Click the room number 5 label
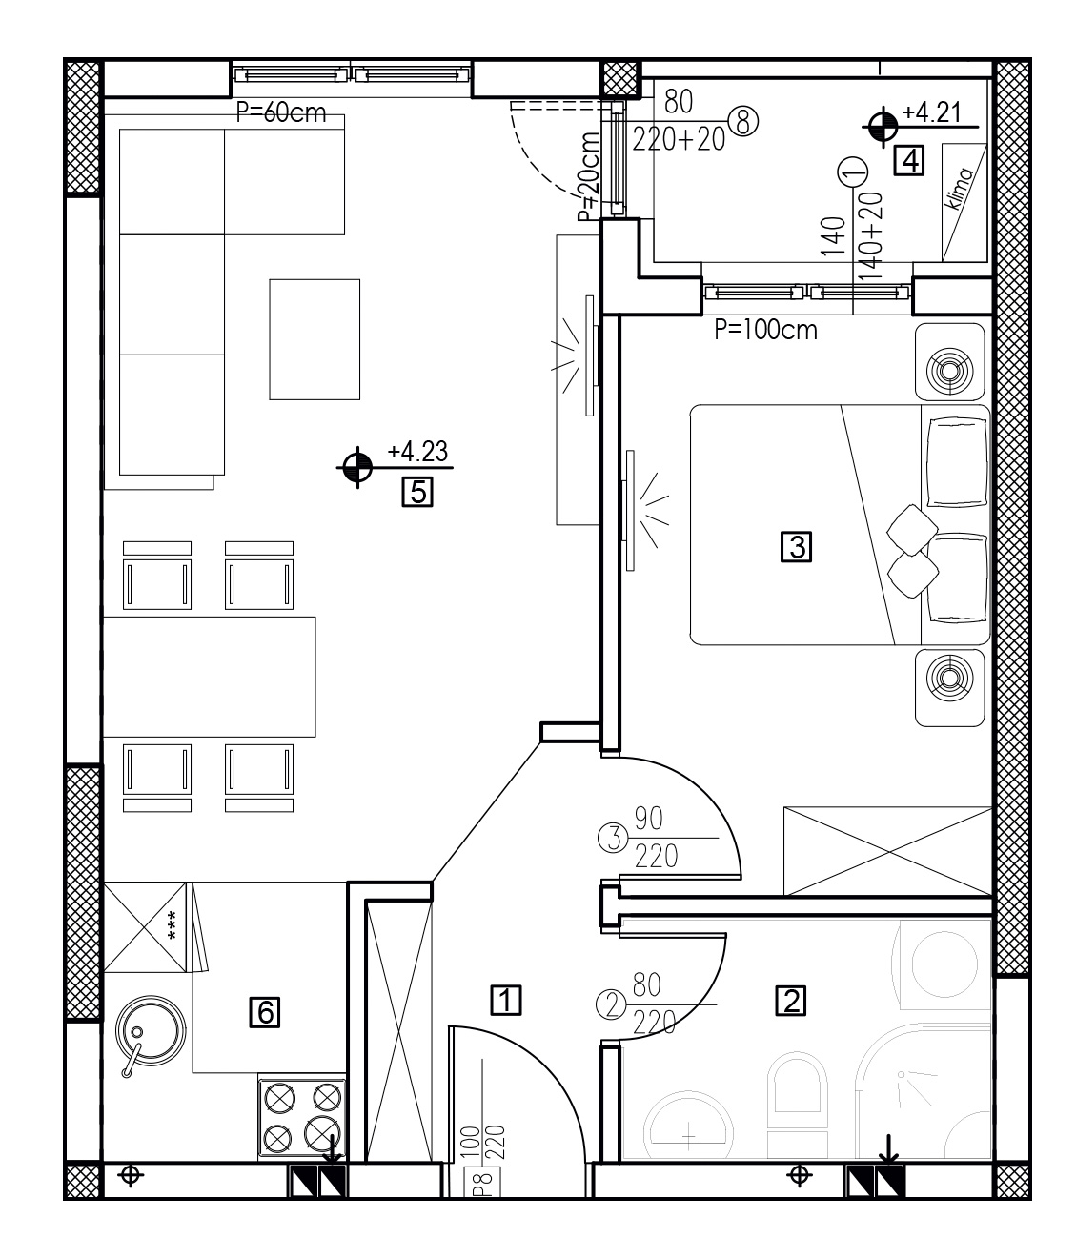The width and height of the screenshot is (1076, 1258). [x=416, y=492]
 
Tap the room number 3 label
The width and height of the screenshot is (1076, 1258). [x=796, y=546]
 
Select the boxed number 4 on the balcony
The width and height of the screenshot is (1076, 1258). [x=909, y=161]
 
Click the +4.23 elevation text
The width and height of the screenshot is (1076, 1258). [x=417, y=452]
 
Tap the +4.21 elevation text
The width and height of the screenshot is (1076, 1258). [x=931, y=112]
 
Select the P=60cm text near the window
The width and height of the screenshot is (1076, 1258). [x=281, y=112]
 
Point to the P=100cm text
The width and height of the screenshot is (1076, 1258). [x=765, y=330]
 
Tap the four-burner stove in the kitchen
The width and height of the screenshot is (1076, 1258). [x=302, y=1119]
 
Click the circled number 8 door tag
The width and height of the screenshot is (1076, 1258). [x=742, y=120]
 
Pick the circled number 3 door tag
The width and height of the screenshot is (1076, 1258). [x=613, y=839]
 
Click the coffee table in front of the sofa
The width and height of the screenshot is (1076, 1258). [x=315, y=339]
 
